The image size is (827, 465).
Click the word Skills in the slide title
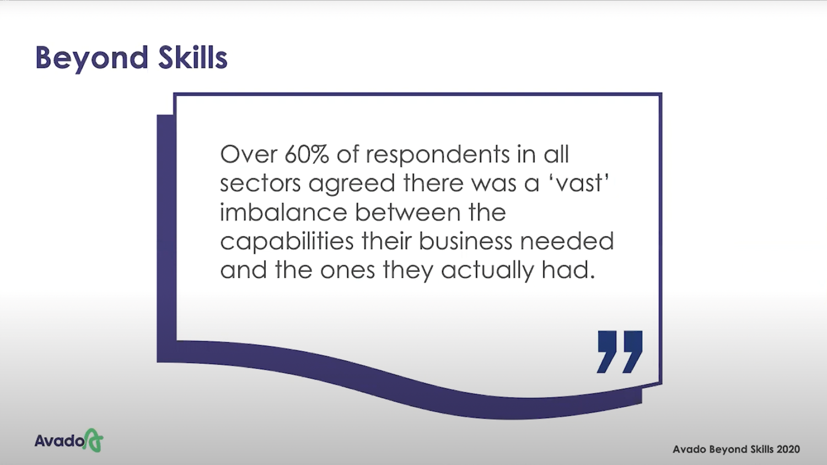[193, 57]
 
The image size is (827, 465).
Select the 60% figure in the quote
[307, 154]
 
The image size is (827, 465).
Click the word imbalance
[283, 212]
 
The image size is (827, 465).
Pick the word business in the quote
[465, 241]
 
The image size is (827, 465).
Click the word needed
[567, 241]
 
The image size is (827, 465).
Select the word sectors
[260, 183]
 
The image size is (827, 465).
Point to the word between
[407, 212]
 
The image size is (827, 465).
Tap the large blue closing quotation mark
[620, 352]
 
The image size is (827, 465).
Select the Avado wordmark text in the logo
[60, 441]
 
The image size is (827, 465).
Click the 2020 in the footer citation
[788, 449]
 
